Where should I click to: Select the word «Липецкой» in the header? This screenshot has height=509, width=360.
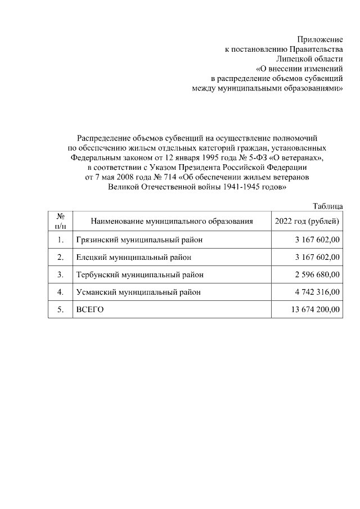(296, 59)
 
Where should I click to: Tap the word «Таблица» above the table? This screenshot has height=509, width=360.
(327, 208)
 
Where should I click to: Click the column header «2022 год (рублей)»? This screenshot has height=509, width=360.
(307, 222)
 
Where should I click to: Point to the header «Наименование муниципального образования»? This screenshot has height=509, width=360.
(172, 222)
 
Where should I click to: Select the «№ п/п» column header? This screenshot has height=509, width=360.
(60, 222)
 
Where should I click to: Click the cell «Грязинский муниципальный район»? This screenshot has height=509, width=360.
(139, 240)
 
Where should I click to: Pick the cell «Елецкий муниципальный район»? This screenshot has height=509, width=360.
(133, 258)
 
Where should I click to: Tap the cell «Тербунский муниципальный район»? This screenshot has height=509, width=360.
(139, 275)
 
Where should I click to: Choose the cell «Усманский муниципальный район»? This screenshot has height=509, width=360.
(138, 292)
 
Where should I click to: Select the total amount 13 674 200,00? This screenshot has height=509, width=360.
(315, 310)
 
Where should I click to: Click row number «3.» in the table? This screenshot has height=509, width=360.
(60, 275)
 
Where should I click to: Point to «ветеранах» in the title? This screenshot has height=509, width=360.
(303, 157)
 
